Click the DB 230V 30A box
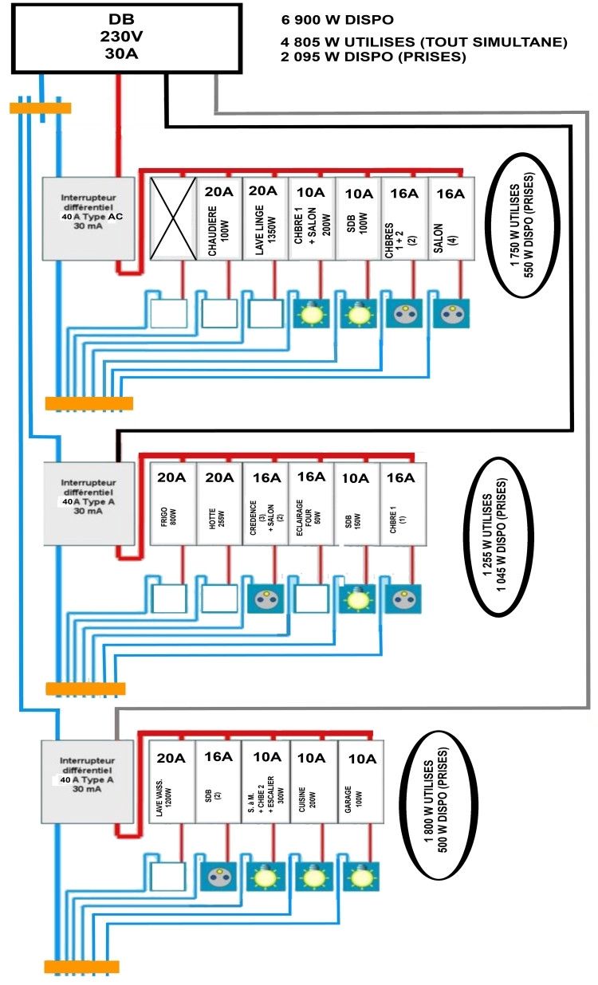click(x=126, y=37)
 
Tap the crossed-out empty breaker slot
click(x=174, y=218)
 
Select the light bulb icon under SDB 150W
click(x=352, y=598)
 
